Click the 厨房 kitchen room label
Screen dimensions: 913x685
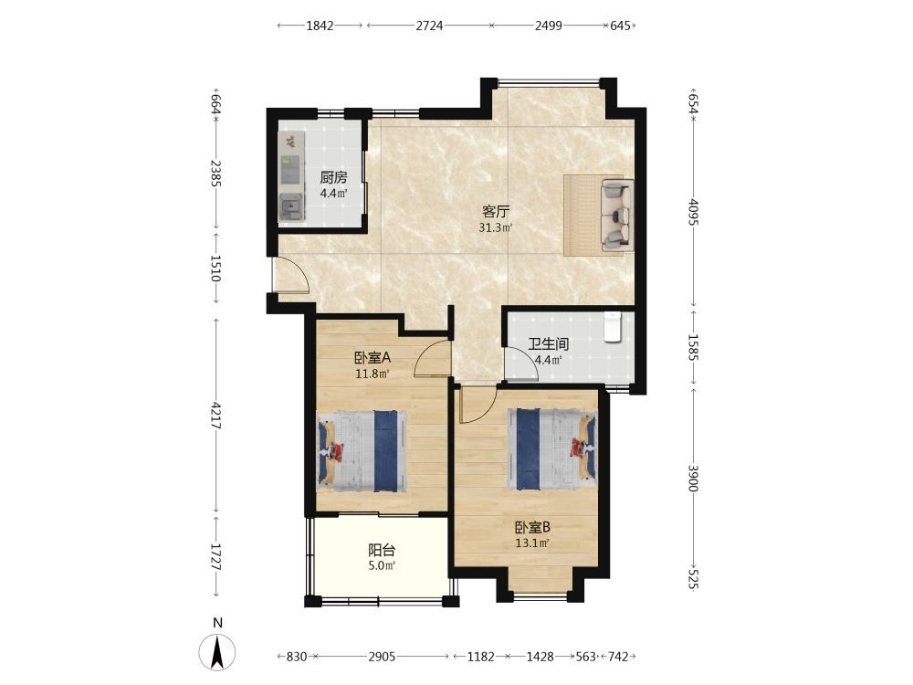pyautogui.click(x=333, y=178)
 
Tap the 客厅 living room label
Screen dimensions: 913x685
pyautogui.click(x=496, y=212)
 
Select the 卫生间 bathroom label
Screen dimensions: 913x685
pyautogui.click(x=548, y=343)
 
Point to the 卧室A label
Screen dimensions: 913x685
pyautogui.click(x=373, y=358)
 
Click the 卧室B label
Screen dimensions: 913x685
pyautogui.click(x=532, y=528)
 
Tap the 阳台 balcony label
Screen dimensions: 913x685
pyautogui.click(x=382, y=550)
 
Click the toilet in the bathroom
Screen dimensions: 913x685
pyautogui.click(x=613, y=327)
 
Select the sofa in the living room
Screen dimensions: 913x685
pyautogui.click(x=617, y=215)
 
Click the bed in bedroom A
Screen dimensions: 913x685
pyautogui.click(x=362, y=451)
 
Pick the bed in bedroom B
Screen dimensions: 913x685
pyautogui.click(x=552, y=448)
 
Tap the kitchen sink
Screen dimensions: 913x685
pyautogui.click(x=290, y=206)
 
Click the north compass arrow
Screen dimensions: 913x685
pyautogui.click(x=217, y=652)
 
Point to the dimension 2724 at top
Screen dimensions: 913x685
pyautogui.click(x=429, y=26)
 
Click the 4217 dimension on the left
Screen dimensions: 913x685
pyautogui.click(x=215, y=416)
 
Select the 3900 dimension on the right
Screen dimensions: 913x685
pyautogui.click(x=693, y=479)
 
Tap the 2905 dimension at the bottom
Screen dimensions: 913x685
pyautogui.click(x=382, y=657)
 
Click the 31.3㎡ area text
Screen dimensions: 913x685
pyautogui.click(x=496, y=227)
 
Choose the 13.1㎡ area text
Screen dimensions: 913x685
pyautogui.click(x=532, y=543)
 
